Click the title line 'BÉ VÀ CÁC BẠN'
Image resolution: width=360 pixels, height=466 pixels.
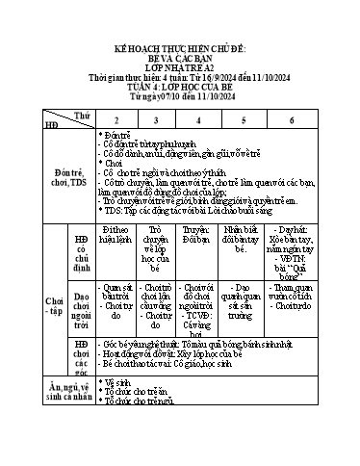click(x=179, y=57)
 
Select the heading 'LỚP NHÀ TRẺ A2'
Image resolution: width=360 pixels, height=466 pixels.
click(x=179, y=68)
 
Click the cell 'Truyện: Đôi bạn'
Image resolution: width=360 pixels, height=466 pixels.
click(x=195, y=235)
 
